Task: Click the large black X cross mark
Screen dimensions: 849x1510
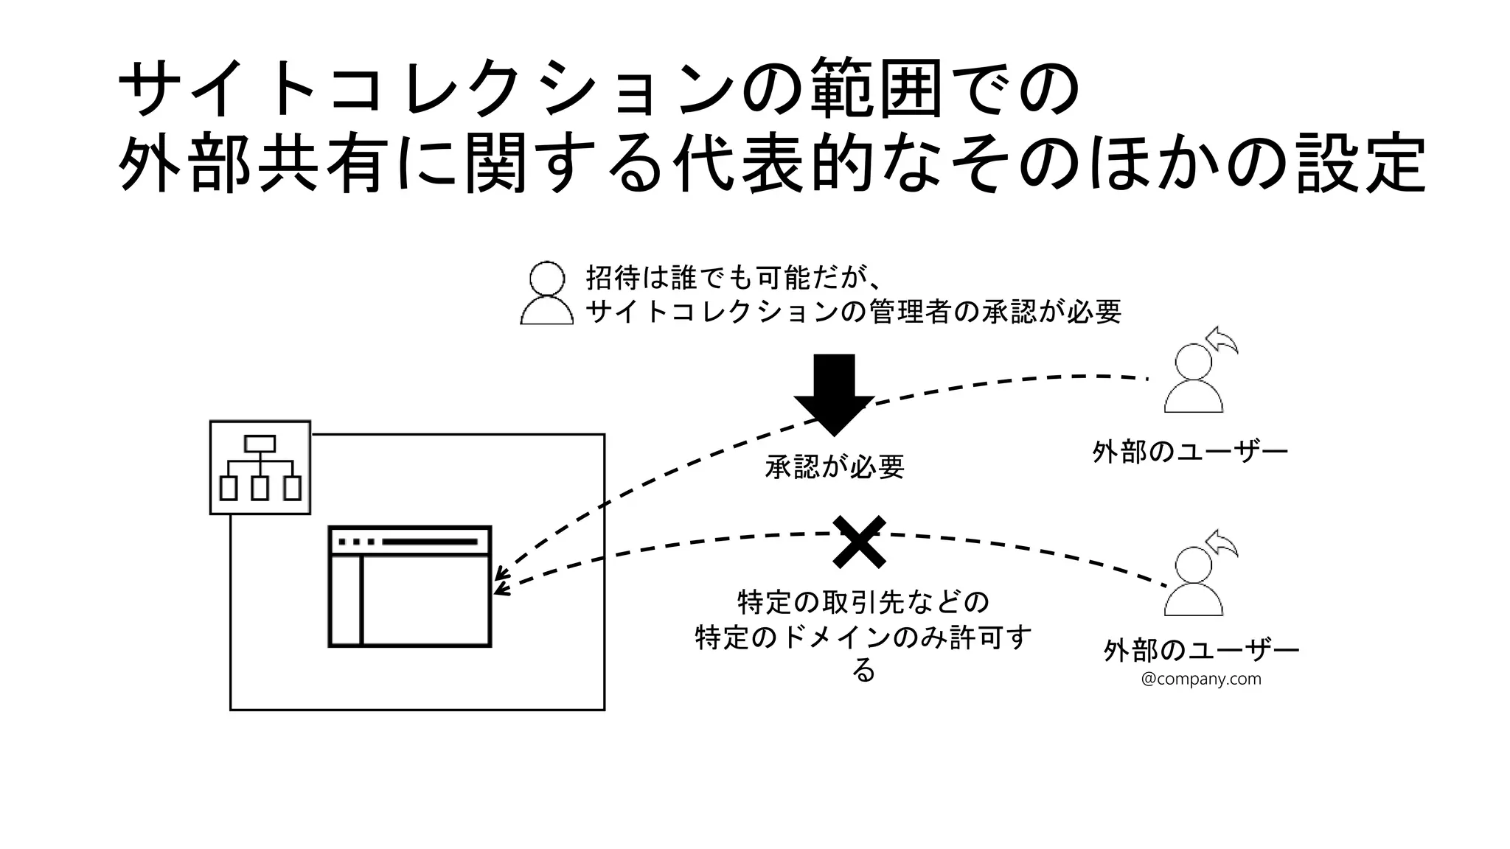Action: click(x=859, y=542)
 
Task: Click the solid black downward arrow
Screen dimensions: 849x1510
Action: click(x=834, y=394)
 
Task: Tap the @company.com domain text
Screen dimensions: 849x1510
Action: click(x=1200, y=679)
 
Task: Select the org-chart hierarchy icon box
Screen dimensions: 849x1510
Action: click(x=260, y=467)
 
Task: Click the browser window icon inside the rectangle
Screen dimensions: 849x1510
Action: click(x=409, y=587)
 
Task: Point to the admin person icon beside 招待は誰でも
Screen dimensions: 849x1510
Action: click(x=547, y=293)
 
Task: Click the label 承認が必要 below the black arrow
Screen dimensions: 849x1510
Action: click(x=834, y=467)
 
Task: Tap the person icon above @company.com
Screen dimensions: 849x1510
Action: click(x=1193, y=582)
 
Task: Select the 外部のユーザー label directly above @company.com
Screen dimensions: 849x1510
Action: click(x=1200, y=651)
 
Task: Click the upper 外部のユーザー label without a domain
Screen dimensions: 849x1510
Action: click(x=1189, y=451)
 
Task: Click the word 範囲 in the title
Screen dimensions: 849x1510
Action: click(x=875, y=90)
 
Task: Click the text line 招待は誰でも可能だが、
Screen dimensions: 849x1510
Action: click(x=734, y=279)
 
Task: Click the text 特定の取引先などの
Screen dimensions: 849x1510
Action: click(x=863, y=603)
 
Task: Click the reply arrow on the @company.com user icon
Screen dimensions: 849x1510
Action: click(x=1223, y=544)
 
